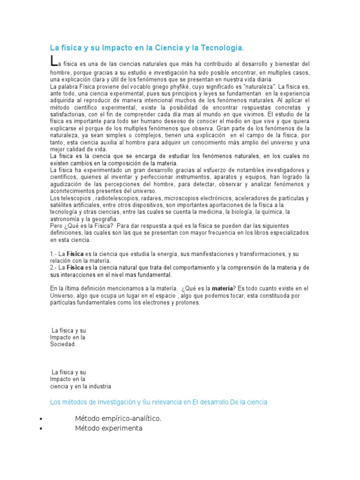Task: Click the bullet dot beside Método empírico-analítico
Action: point(42,419)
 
